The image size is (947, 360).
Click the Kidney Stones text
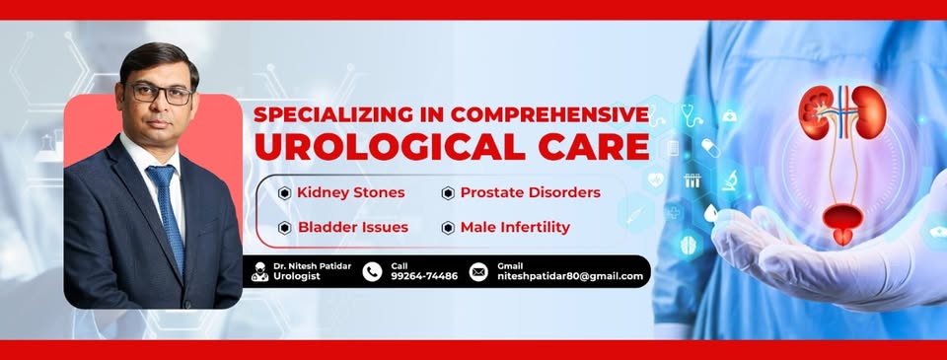click(351, 192)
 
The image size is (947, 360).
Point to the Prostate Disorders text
click(531, 192)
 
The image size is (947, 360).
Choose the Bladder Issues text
click(353, 227)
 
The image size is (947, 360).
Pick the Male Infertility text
click(515, 227)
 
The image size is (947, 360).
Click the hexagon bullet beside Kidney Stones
click(284, 193)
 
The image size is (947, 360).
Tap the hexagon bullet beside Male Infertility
click(448, 228)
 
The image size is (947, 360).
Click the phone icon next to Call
click(372, 272)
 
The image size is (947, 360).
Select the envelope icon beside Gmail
click(478, 272)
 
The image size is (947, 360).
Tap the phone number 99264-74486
click(424, 276)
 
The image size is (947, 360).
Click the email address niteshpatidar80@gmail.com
click(570, 276)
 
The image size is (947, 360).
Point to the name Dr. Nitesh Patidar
click(312, 265)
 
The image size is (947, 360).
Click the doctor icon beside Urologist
click(260, 272)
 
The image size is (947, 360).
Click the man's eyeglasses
click(162, 94)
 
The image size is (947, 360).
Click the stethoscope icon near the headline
click(692, 113)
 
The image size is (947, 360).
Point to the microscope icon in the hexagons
click(730, 179)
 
